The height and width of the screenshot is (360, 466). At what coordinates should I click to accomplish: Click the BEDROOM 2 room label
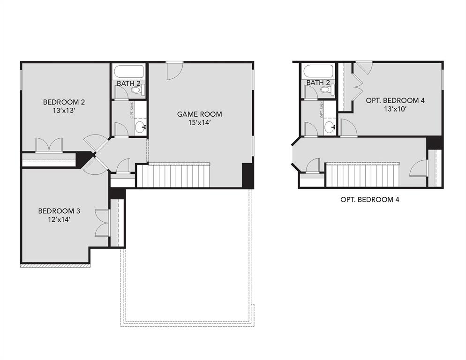(64, 102)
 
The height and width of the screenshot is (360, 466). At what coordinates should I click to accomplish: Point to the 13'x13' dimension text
(64, 112)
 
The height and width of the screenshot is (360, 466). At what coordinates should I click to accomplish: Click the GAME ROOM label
(199, 114)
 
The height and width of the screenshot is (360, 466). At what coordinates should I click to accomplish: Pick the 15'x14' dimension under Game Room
(199, 123)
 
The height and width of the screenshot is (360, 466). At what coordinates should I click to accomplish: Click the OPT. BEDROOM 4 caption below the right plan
(370, 200)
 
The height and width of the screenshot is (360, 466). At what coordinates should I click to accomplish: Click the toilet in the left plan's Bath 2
(137, 89)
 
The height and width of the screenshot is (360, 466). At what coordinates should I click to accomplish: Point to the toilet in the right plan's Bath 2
(326, 89)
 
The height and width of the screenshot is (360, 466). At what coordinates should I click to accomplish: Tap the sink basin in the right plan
(330, 127)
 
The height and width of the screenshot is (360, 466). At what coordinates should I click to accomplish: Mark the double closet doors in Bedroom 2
(49, 144)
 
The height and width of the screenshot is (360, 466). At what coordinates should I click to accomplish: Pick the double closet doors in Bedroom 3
(101, 223)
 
